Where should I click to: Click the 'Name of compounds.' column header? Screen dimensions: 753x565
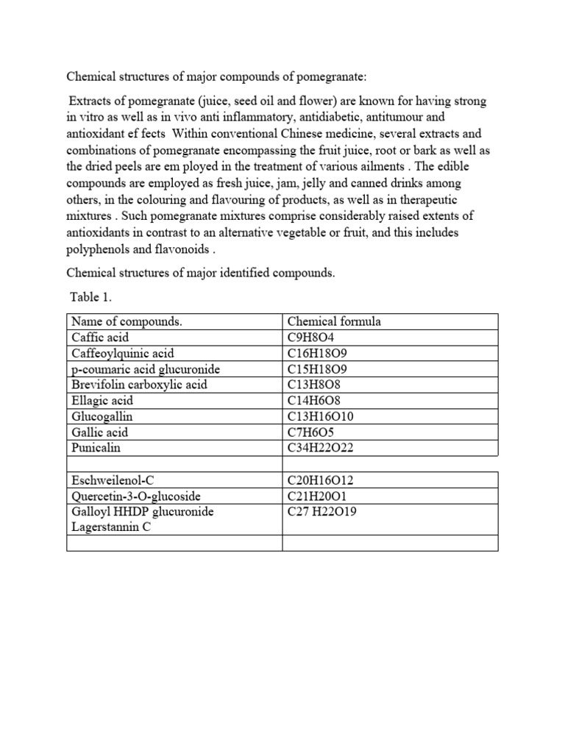click(x=127, y=322)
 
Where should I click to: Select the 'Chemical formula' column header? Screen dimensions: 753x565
click(x=334, y=322)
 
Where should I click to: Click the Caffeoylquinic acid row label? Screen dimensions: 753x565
click(x=122, y=354)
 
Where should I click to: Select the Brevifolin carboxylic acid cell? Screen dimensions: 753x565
click(x=139, y=385)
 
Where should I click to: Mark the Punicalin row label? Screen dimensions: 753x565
click(x=95, y=448)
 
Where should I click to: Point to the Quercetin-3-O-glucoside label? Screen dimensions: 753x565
click(x=135, y=496)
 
